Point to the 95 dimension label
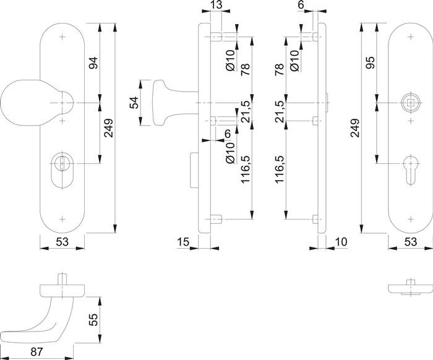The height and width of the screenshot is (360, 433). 371,63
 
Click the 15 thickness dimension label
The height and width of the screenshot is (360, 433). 182,242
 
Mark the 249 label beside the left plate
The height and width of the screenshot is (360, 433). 109,128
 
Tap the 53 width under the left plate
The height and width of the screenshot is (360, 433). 61,242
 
